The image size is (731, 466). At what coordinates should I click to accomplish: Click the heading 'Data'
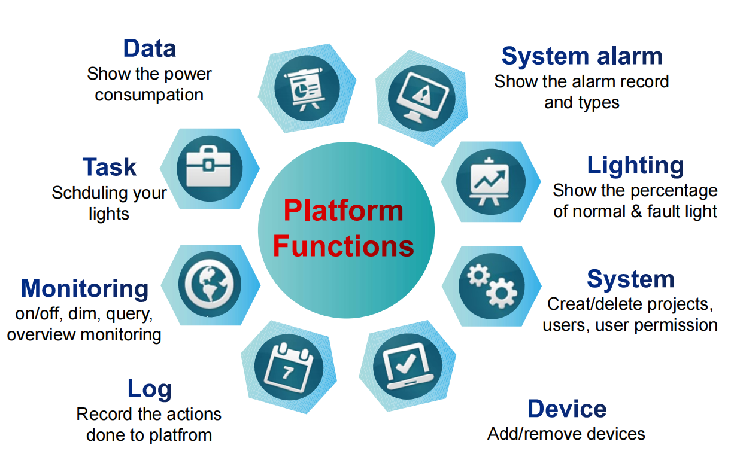(150, 48)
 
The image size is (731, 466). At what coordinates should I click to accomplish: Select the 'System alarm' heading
(582, 56)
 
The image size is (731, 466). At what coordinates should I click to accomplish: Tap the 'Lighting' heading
(635, 165)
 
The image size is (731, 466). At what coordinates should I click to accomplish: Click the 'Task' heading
(110, 167)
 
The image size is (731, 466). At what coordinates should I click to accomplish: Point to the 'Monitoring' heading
(84, 288)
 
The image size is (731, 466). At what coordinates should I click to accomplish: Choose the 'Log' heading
(150, 389)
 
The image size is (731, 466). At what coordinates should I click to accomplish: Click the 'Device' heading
(567, 409)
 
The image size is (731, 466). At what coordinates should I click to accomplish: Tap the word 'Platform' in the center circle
(343, 211)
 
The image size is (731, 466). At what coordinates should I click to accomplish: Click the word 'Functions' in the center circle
(343, 246)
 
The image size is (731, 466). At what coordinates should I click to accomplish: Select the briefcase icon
(210, 167)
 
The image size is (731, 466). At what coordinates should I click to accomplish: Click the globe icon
(210, 284)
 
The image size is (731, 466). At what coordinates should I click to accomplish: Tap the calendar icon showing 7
(288, 366)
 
